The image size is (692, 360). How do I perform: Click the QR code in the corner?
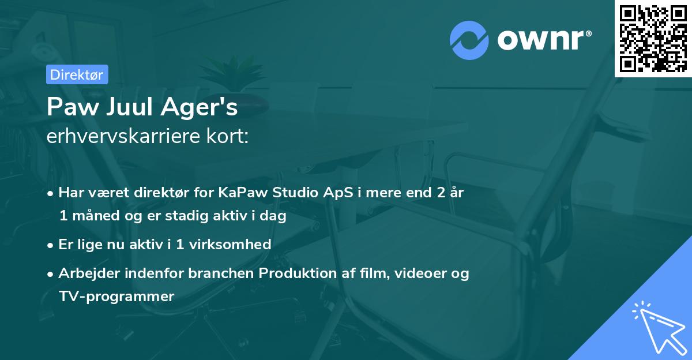[653, 39]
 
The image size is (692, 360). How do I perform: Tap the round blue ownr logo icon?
[469, 39]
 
